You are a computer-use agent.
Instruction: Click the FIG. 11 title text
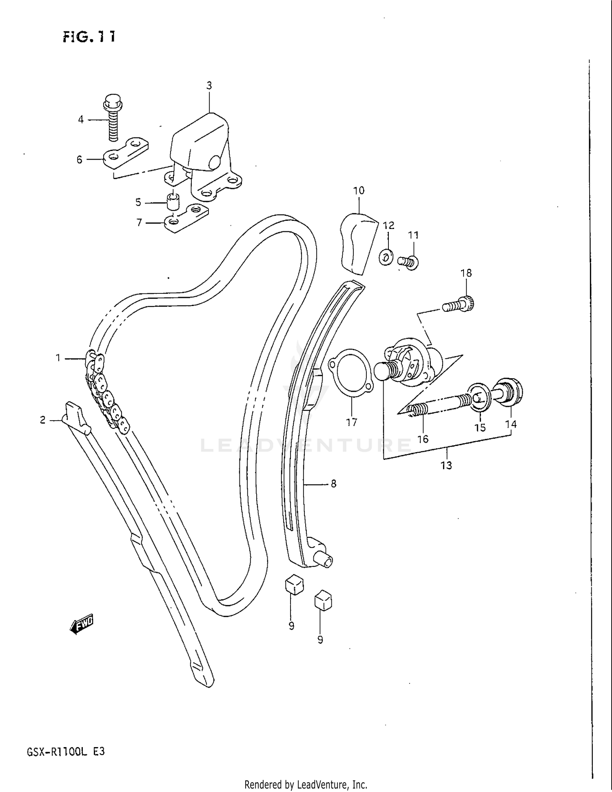(89, 37)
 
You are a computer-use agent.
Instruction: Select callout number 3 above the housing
(209, 86)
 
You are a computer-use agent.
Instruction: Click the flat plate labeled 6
(125, 154)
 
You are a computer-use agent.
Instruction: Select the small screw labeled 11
(408, 261)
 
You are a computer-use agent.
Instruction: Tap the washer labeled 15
(480, 396)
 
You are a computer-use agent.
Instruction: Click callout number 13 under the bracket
(446, 465)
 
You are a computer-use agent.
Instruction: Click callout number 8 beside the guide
(333, 484)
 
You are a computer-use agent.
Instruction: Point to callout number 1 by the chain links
(58, 358)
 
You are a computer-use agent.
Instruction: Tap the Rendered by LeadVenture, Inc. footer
(306, 784)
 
